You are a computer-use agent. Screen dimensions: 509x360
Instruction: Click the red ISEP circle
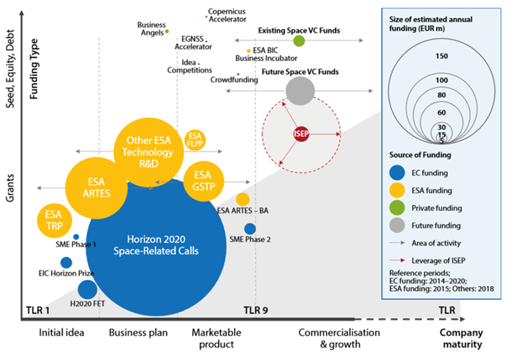point(301,134)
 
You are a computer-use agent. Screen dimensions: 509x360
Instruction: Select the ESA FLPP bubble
point(195,140)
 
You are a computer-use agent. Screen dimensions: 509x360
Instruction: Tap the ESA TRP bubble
point(54,220)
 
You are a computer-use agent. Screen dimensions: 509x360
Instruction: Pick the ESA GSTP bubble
point(204,181)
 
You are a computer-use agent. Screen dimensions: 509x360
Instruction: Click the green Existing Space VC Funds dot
point(299,40)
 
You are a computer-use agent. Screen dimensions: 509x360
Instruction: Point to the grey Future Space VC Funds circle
point(300,91)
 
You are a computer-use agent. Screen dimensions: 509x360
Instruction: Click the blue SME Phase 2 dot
point(250,229)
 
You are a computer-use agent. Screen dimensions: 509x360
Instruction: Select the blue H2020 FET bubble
point(87,289)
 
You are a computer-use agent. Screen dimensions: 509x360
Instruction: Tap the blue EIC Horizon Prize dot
point(66,262)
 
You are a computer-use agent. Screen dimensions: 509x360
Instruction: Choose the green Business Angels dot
point(167,31)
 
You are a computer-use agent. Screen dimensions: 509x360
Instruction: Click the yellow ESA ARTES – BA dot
point(242,199)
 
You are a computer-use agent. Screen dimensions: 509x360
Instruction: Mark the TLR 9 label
point(256,310)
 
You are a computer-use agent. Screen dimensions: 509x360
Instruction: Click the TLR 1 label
point(38,310)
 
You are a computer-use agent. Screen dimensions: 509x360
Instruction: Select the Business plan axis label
point(138,333)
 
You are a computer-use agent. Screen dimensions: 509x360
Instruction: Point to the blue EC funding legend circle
point(397,172)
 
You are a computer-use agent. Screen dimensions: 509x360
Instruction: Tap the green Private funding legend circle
point(397,207)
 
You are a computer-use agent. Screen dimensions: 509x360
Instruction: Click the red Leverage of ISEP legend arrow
point(397,260)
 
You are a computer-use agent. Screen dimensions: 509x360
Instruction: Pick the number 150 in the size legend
point(442,56)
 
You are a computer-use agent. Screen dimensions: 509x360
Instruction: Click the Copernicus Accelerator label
point(227,15)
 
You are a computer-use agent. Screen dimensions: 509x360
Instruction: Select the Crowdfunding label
point(234,80)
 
